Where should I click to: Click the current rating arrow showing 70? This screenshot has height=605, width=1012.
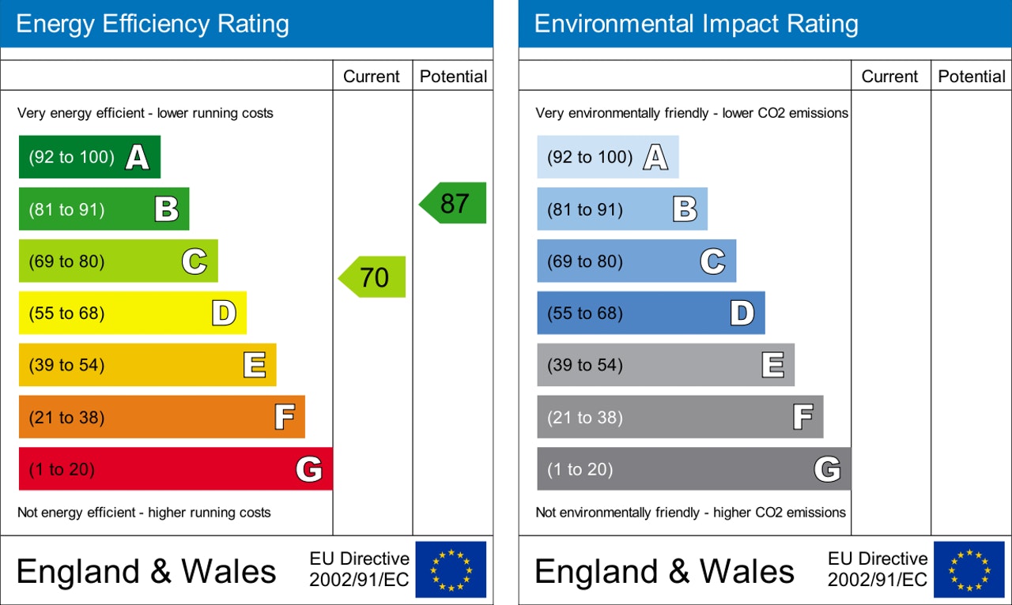[x=372, y=277]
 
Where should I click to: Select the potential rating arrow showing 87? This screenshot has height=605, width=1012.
[x=453, y=203]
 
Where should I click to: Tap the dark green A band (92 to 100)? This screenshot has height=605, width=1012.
[x=89, y=157]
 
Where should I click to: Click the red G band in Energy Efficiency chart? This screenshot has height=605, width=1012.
[x=176, y=469]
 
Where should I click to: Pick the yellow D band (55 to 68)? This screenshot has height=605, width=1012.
[x=132, y=314]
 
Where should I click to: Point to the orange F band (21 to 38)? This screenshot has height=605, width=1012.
[x=161, y=417]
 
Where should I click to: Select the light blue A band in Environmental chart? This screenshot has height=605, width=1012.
[x=607, y=157]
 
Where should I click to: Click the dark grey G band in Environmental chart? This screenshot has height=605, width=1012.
[x=693, y=469]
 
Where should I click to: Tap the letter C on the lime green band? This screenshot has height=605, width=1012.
[x=194, y=261]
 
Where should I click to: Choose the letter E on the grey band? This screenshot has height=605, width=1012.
[x=772, y=365]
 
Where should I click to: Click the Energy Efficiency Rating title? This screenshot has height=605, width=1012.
[x=153, y=24]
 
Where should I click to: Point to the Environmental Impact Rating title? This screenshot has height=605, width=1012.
[x=696, y=24]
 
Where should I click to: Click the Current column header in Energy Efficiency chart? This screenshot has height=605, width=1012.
[x=372, y=77]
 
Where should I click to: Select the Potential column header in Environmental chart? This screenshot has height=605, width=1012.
[x=972, y=77]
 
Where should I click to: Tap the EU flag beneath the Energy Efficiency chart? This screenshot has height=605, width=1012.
[x=451, y=569]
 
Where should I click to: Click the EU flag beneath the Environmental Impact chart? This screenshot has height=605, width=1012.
[x=969, y=569]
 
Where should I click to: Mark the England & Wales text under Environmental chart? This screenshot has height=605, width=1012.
[x=664, y=571]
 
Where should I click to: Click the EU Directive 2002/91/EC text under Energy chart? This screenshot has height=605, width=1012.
[x=359, y=569]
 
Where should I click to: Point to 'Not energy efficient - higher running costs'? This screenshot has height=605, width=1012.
[x=144, y=513]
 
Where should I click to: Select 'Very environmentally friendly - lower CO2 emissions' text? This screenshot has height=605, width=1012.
[x=692, y=113]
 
